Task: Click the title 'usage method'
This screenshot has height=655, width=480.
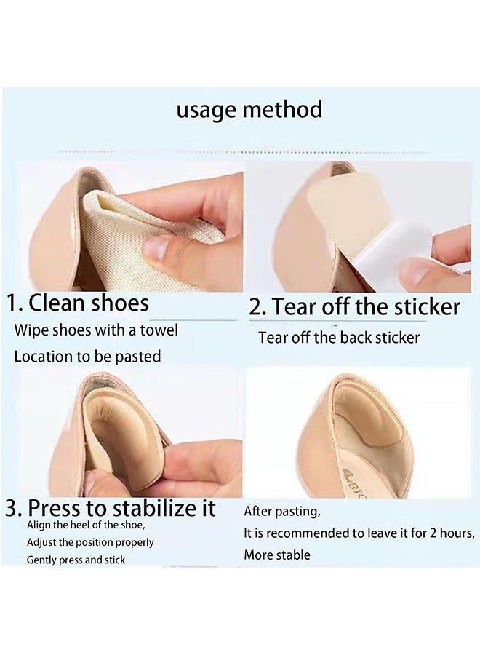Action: click(x=249, y=110)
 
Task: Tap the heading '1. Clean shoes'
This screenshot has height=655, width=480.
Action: click(x=78, y=302)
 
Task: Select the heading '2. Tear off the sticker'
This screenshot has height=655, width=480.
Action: click(x=355, y=306)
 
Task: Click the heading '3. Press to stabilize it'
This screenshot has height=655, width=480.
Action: click(x=111, y=507)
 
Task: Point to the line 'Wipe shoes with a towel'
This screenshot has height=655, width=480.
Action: click(x=96, y=330)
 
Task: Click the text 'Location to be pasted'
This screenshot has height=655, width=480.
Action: click(x=87, y=357)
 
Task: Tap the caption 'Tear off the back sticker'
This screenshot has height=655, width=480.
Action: click(x=339, y=338)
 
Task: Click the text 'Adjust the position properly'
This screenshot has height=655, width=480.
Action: click(x=90, y=543)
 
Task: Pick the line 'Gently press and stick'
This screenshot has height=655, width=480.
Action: click(x=76, y=560)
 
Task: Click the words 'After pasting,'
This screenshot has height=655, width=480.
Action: click(x=281, y=510)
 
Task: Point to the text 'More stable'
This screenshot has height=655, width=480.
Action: click(x=277, y=555)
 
